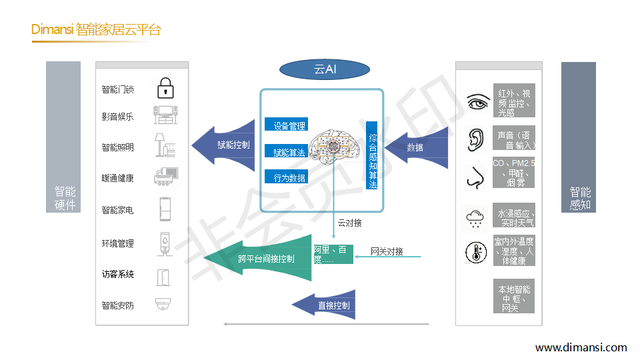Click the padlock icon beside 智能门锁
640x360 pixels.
coord(165,88)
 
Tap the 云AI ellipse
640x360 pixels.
coord(325,69)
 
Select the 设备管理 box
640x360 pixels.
coord(287,125)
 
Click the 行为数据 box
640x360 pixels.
coord(287,177)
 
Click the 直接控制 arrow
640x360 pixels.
coord(323,305)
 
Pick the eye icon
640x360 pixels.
coord(477,102)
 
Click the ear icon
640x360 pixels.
coord(475,137)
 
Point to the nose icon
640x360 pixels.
coord(475,176)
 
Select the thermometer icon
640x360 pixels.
coord(475,252)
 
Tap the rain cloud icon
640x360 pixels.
coord(475,217)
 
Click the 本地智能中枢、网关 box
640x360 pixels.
coord(514,298)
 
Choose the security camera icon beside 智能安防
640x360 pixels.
coord(164,305)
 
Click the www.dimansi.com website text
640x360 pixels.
coord(581,347)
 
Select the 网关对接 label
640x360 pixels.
coord(387,251)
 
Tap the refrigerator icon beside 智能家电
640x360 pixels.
coord(165,209)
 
